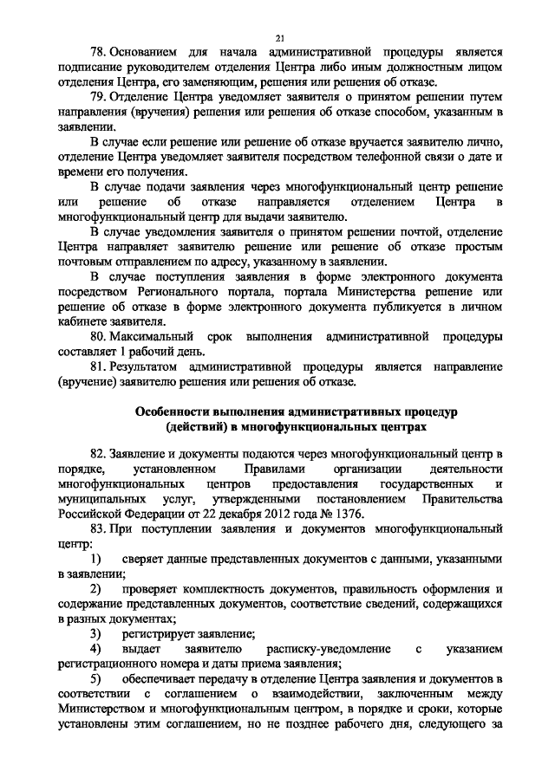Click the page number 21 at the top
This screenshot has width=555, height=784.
tap(279, 37)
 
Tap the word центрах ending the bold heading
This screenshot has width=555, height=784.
tap(398, 426)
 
